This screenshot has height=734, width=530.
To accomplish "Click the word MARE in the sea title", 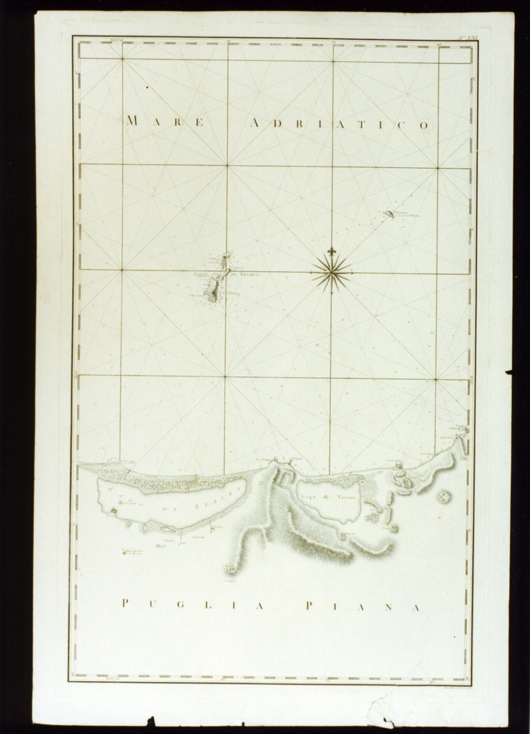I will tap(165, 121).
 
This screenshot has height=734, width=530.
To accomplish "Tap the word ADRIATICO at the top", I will tap(340, 124).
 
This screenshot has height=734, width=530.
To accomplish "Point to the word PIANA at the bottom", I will tap(363, 606).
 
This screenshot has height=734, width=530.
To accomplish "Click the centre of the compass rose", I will tap(331, 272).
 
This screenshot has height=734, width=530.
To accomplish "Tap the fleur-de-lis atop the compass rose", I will tap(331, 251).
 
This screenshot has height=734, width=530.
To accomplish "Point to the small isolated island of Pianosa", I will tap(389, 214).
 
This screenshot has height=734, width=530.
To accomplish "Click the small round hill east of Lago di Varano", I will tap(444, 497).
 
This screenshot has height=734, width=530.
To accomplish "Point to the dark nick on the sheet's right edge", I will tap(508, 372).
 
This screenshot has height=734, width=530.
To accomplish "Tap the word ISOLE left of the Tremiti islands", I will tap(200, 274).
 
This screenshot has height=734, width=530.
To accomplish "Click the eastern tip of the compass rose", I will tap(351, 272).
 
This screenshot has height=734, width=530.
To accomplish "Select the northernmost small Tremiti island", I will tap(226, 256).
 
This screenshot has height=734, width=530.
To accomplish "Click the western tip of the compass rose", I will tap(311, 272).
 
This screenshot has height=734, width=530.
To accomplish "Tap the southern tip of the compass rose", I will tap(331, 293).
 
